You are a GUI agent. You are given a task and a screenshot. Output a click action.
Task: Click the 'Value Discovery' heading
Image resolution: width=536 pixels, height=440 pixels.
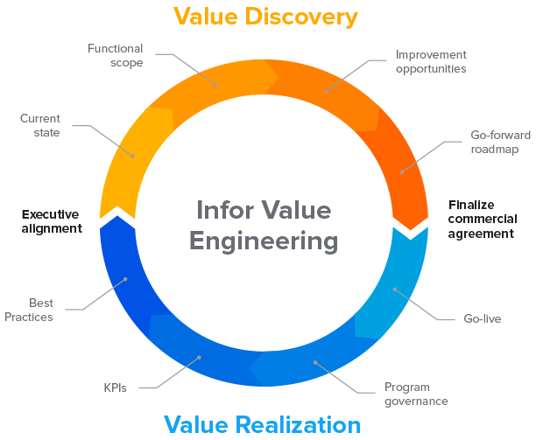(264, 16)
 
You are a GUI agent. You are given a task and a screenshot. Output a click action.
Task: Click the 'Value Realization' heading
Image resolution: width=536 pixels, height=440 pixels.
(262, 425)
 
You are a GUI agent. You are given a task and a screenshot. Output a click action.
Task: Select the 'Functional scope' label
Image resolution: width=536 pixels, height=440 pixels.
(115, 54)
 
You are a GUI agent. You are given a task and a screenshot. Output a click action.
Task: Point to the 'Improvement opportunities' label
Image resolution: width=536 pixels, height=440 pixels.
(430, 60)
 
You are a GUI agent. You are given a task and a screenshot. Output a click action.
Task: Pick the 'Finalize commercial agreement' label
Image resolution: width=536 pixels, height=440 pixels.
(483, 219)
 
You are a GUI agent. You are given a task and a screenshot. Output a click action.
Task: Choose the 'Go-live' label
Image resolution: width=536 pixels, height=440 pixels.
(482, 318)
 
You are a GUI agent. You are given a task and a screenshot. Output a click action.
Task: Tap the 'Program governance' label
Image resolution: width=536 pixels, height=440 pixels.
(417, 394)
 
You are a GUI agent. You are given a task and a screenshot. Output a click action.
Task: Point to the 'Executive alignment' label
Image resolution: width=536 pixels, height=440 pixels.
(51, 220)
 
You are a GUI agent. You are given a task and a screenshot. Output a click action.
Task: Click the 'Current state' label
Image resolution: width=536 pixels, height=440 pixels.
(40, 125)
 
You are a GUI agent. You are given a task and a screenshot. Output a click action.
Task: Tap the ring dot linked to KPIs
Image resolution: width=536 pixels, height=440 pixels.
(199, 356)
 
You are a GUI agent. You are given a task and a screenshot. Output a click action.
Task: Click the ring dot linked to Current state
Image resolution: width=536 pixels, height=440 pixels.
(133, 156)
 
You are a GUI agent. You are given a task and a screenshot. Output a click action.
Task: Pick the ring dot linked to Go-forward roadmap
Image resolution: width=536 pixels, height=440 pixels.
(402, 172)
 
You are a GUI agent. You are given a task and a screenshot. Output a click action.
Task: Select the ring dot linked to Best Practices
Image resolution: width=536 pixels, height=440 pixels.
(126, 280)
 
